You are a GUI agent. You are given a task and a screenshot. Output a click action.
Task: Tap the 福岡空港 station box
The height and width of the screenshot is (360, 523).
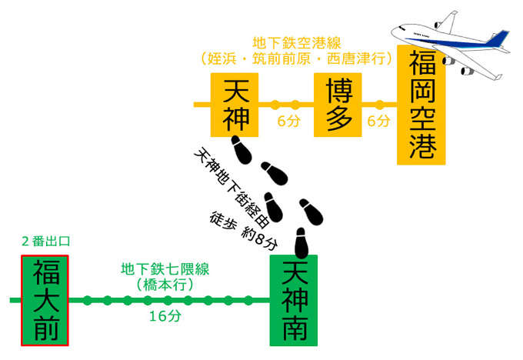tap(421, 105)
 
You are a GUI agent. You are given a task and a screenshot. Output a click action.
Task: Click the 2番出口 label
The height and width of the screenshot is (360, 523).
tap(45, 241)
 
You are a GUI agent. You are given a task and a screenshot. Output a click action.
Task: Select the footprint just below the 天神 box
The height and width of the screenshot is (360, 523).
tap(242, 148)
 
